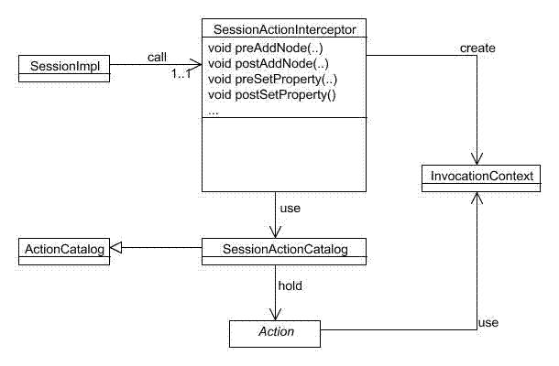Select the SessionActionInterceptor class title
pos(284,30)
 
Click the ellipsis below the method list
pos(214,110)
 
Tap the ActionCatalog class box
pos(62,248)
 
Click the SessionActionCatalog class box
pos(284,248)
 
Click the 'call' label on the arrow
pos(157,57)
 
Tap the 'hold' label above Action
pos(291,285)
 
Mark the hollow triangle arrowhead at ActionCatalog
pos(116,247)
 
